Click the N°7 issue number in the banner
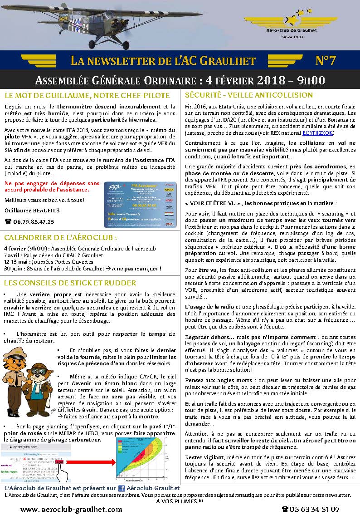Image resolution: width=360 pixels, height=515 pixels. click(x=325, y=61)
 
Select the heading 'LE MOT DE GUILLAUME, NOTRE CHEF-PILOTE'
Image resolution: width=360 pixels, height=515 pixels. click(x=87, y=95)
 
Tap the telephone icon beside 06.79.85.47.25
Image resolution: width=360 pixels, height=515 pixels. click(x=8, y=221)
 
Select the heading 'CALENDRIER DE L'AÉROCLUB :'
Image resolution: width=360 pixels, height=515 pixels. click(x=60, y=237)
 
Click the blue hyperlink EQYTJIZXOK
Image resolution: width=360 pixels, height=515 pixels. click(x=318, y=133)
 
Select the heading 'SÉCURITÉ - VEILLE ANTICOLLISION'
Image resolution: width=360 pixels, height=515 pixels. click(x=249, y=95)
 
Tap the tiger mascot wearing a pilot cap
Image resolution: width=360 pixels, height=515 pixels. click(x=17, y=368)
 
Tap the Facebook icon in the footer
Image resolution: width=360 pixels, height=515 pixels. click(x=122, y=488)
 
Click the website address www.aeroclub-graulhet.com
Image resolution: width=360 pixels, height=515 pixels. click(x=71, y=509)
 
